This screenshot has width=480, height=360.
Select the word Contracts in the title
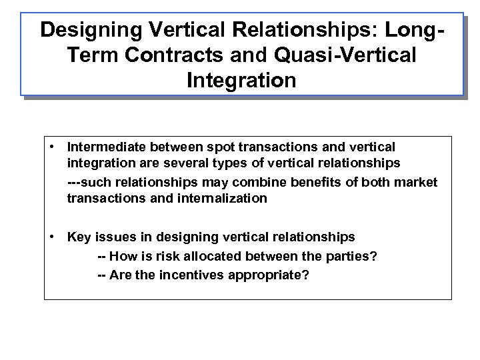tap(184, 55)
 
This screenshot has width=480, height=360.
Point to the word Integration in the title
tap(241, 81)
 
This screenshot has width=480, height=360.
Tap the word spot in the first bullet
tap(212, 145)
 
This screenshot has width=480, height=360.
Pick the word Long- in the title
tap(413, 30)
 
